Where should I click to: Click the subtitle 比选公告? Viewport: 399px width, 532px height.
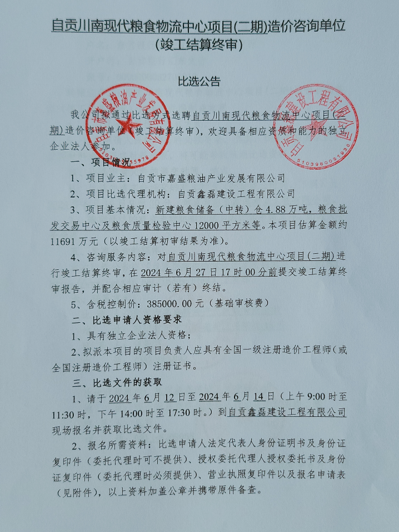click(199, 82)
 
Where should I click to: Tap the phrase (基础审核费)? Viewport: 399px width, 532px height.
click(237, 303)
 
